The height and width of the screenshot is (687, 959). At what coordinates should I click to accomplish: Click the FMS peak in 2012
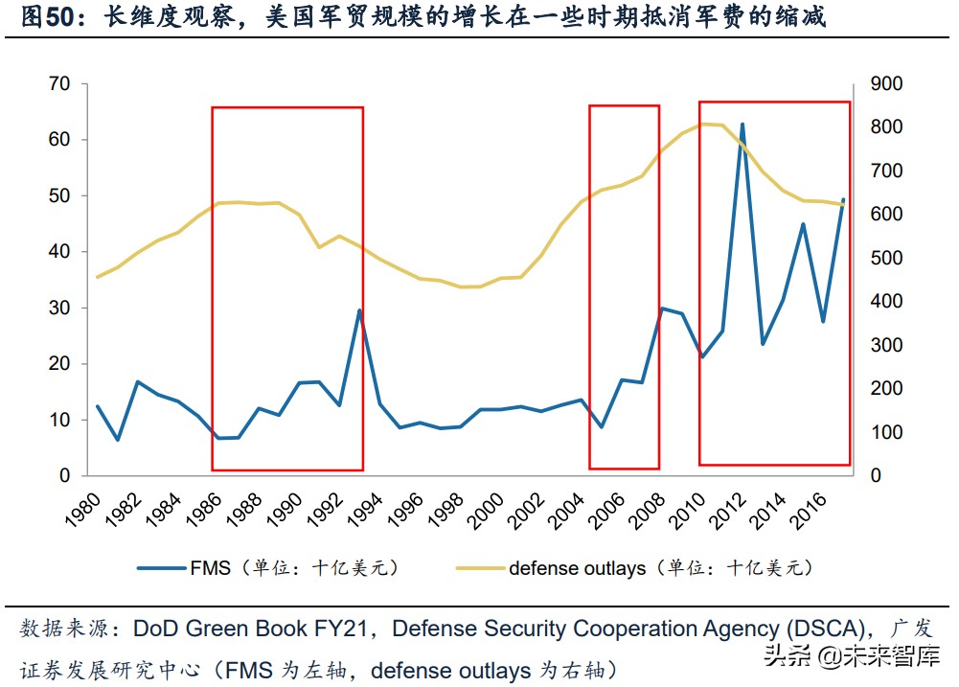pyautogui.click(x=742, y=125)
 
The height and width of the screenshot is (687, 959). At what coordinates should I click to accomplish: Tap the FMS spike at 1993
pyautogui.click(x=359, y=310)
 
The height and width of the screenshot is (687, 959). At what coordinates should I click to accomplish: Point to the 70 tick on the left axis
pyautogui.click(x=58, y=84)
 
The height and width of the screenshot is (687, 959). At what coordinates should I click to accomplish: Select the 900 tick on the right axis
pyautogui.click(x=886, y=84)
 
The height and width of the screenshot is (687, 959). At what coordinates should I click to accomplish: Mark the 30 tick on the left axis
pyautogui.click(x=58, y=308)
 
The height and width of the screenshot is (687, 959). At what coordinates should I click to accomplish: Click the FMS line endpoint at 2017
pyautogui.click(x=843, y=199)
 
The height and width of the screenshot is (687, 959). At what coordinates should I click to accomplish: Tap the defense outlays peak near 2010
pyautogui.click(x=707, y=124)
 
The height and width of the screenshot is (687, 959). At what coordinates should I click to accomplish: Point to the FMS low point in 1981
pyautogui.click(x=118, y=440)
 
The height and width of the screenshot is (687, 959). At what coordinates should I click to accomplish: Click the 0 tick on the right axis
pyautogui.click(x=877, y=476)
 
